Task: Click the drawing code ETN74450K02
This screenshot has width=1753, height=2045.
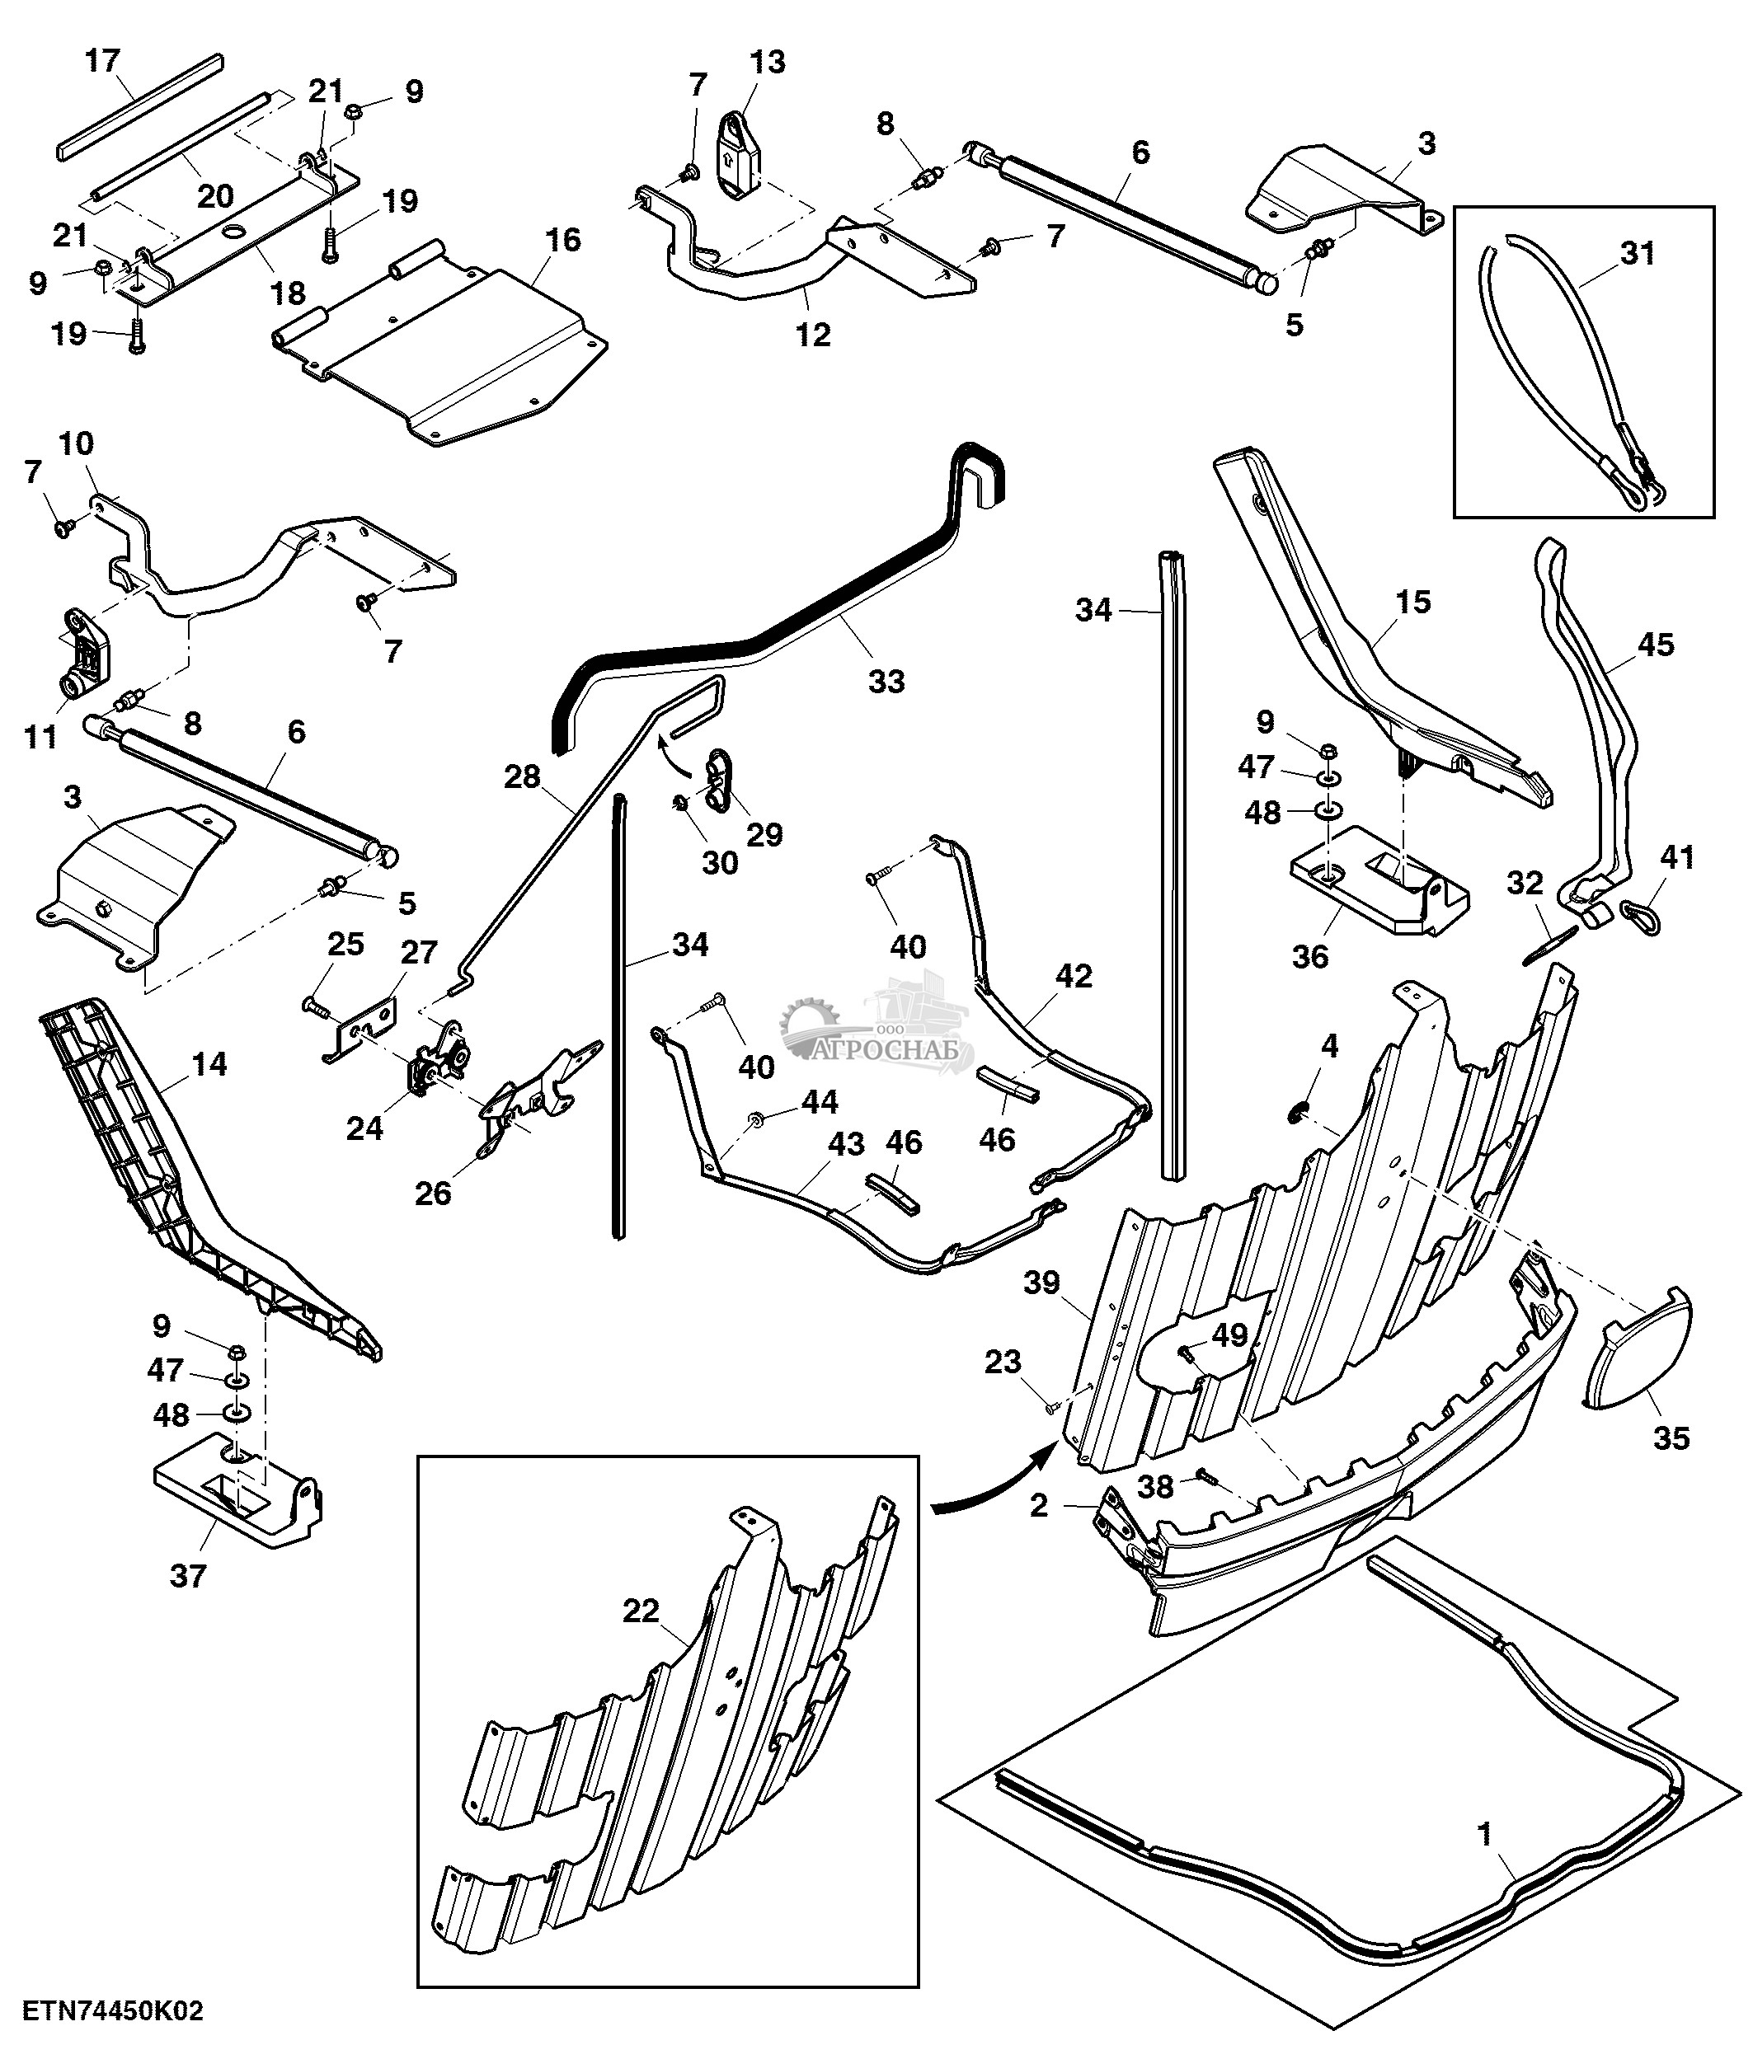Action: [x=114, y=2010]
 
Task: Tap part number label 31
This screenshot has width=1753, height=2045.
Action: [x=1638, y=254]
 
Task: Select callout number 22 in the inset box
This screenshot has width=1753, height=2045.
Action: [x=641, y=1611]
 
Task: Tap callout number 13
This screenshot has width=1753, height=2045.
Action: [x=767, y=62]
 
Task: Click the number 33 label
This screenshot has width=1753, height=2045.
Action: [x=886, y=680]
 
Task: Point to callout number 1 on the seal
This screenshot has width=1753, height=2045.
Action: [x=1483, y=1833]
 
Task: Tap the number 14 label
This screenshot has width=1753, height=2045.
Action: [x=209, y=1064]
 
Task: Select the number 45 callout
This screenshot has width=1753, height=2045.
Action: [x=1655, y=645]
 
